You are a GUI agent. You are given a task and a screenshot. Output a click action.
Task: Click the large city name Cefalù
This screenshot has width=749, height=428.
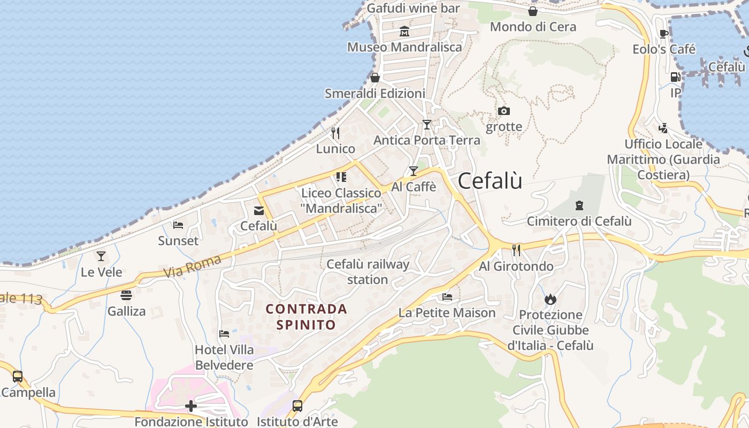[x=490, y=181]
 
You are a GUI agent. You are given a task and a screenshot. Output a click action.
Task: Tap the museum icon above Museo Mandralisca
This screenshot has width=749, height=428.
[x=404, y=32]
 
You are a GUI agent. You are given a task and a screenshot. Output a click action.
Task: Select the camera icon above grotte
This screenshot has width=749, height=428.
[x=503, y=111]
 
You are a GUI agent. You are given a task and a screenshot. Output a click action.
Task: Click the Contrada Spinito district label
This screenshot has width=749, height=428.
[x=307, y=317]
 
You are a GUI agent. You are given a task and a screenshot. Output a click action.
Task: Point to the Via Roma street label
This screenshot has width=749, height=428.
[x=192, y=266]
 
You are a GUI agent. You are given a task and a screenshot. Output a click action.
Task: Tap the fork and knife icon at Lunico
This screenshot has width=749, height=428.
[x=335, y=133]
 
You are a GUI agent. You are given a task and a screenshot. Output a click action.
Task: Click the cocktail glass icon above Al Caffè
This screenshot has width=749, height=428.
[x=413, y=171]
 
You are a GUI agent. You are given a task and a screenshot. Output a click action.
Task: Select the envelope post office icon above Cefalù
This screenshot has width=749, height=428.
[x=259, y=210]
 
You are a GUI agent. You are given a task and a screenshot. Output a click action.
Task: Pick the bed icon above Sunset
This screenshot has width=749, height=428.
[x=178, y=225]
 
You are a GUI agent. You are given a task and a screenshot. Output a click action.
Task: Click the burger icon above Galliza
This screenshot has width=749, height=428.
[x=126, y=295]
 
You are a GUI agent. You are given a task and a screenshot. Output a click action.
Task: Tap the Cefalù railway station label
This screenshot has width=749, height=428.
[x=368, y=272]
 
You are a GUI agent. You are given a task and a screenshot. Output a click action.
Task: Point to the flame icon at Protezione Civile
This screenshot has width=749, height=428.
[x=551, y=299]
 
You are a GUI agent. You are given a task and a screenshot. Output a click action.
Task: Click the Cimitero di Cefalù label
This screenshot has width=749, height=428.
[x=579, y=221]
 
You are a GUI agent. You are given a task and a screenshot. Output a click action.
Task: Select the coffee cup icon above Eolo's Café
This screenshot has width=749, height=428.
[x=664, y=34]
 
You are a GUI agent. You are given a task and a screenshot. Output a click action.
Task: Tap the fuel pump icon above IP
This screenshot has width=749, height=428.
[x=676, y=77]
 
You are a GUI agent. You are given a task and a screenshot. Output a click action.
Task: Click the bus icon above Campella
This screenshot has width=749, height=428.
[x=18, y=376]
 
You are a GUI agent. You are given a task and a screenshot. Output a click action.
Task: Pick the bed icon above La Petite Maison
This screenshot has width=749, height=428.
[x=447, y=297]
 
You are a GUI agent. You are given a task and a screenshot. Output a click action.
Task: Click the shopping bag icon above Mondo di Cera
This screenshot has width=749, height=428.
[x=533, y=11]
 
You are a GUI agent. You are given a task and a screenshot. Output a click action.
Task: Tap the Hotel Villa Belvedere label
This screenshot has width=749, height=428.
[x=224, y=357]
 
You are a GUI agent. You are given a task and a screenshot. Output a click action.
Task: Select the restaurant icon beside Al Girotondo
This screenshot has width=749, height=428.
[x=516, y=250]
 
